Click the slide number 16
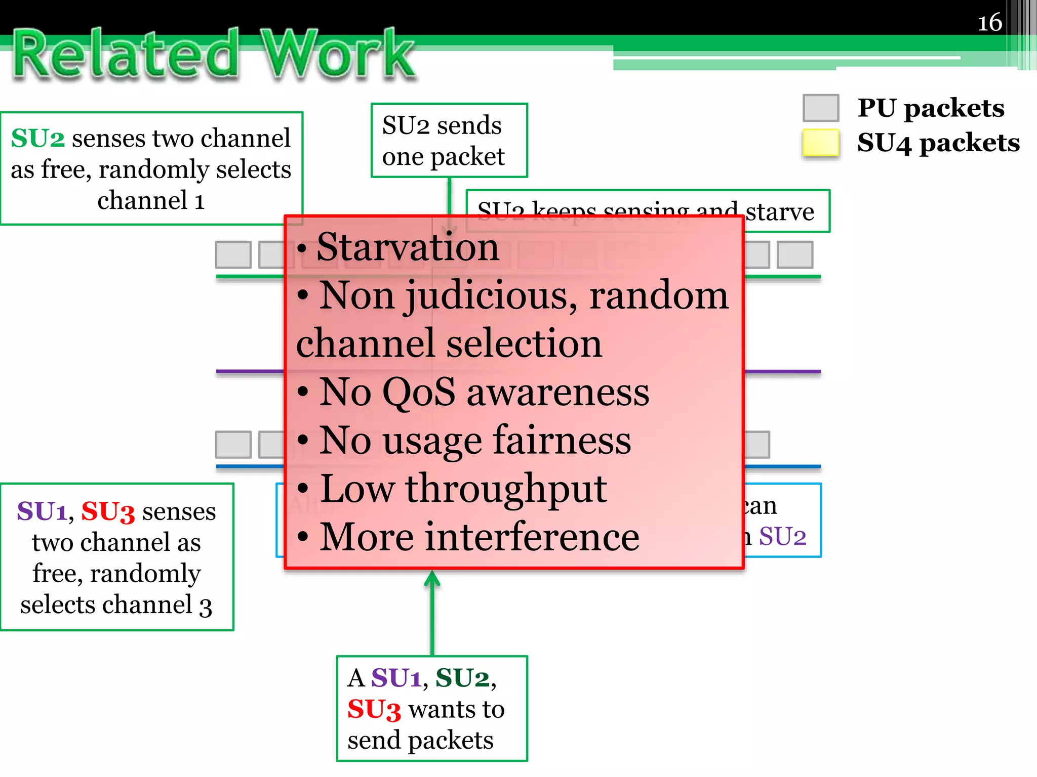coord(989,23)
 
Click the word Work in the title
coord(338,55)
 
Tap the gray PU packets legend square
coord(820,108)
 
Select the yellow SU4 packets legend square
coord(820,143)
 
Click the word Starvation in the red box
coord(408,247)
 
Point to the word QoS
coord(419,392)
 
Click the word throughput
coord(506,489)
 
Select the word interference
coord(532,537)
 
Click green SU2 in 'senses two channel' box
coord(38,138)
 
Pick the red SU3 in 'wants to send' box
coord(374,709)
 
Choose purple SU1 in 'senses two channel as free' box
coord(42,511)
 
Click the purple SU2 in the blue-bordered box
coord(782,536)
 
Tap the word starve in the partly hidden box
coord(780,211)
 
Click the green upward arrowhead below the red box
coord(432,579)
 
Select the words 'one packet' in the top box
coord(443,156)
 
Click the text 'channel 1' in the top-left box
coord(151,200)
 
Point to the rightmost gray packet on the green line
coord(794,254)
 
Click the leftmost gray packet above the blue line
coord(233,444)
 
